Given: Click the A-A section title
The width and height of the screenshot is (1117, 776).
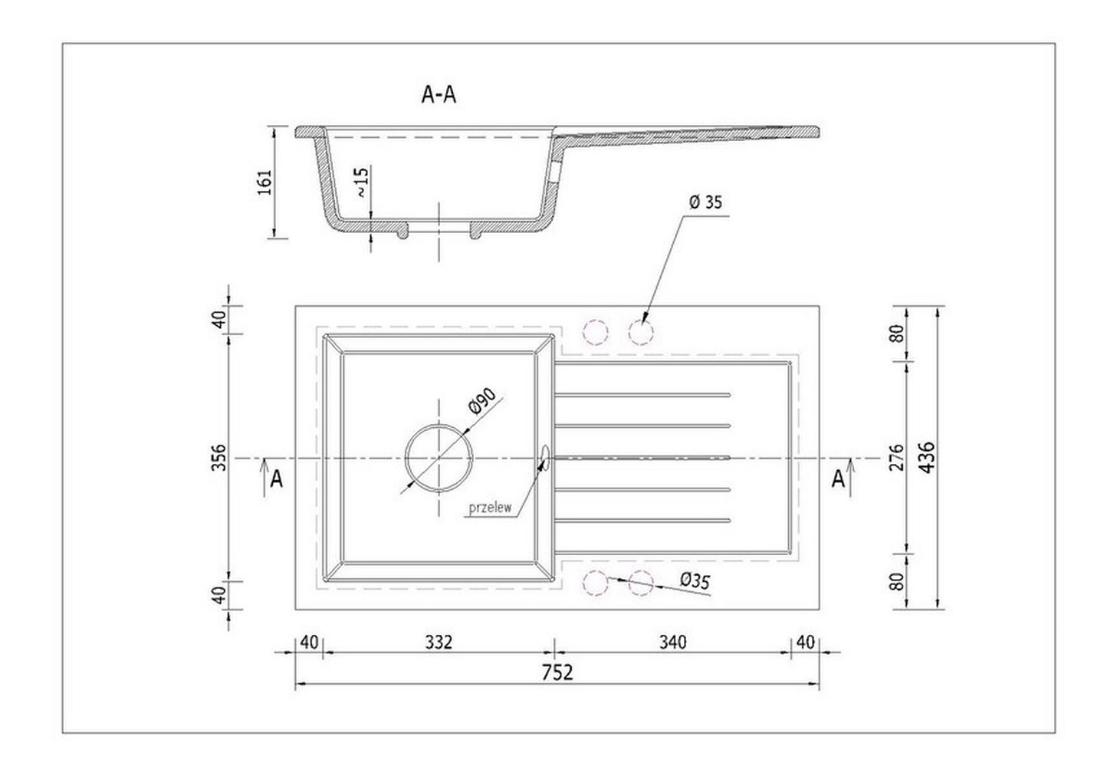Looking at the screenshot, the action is (439, 95).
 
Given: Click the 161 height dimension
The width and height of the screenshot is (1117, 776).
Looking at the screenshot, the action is (264, 182).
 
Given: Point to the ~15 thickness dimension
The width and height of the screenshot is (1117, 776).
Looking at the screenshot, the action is (362, 182).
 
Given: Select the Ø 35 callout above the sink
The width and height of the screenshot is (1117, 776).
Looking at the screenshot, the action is (705, 202).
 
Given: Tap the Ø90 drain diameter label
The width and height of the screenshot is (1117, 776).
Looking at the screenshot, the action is (482, 401).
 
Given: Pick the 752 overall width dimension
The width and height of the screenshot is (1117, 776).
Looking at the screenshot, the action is (557, 672).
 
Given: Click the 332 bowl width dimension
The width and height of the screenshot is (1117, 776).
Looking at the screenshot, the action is (439, 643).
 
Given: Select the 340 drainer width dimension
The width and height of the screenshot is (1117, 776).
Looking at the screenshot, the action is (672, 643).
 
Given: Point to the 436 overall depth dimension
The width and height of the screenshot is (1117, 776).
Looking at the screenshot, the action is (927, 457).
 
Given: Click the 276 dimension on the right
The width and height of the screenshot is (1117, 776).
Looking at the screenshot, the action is (896, 457).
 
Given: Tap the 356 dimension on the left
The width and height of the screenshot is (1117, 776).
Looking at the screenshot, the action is (219, 457).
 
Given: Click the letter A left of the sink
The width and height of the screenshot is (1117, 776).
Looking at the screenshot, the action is (276, 479).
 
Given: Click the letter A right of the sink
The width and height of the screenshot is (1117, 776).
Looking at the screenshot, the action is (839, 479).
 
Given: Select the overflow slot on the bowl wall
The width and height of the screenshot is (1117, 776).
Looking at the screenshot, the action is (545, 458).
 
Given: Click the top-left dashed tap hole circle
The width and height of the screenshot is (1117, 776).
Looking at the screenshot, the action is (596, 332).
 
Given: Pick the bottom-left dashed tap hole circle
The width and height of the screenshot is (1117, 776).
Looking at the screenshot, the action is (596, 584).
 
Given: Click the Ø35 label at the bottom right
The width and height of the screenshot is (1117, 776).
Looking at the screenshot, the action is (695, 581).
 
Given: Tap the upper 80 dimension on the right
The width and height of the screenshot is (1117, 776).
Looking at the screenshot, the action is (896, 333).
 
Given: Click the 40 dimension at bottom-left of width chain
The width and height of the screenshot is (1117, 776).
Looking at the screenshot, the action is (309, 643).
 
